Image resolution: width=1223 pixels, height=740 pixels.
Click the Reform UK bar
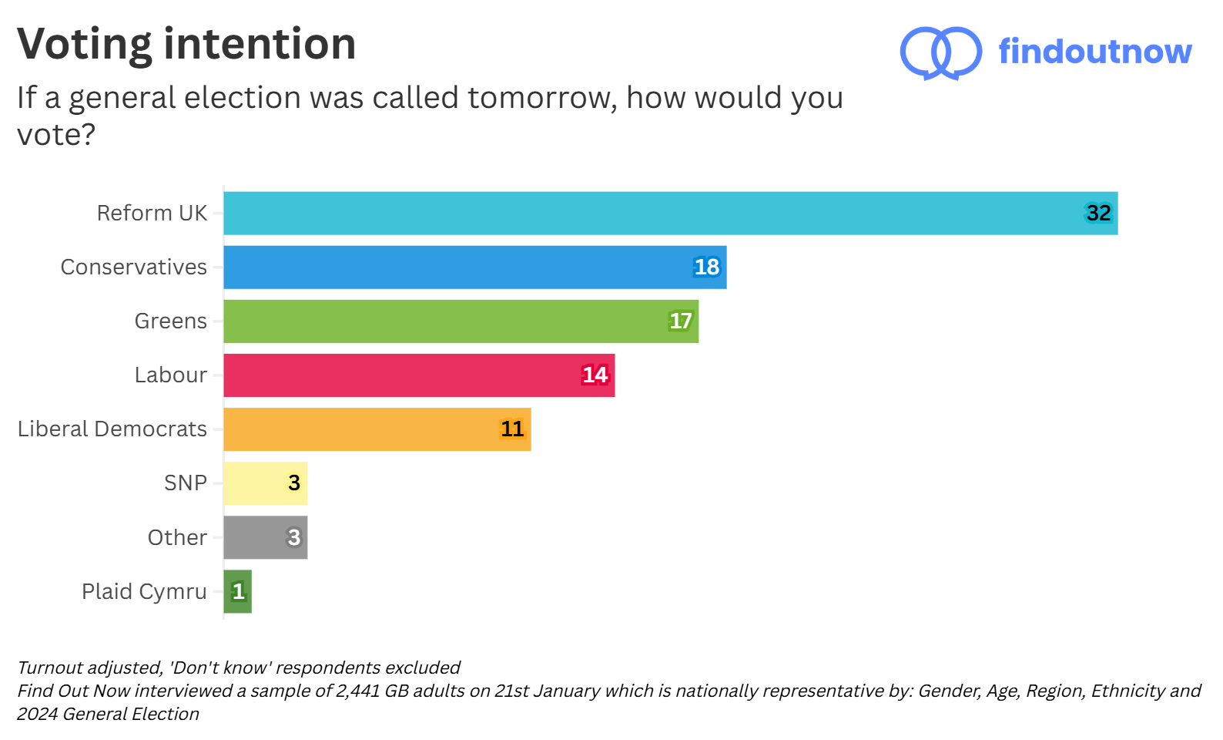670,214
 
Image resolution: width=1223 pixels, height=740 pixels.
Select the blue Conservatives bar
474,267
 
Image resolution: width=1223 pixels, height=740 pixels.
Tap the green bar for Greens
461,321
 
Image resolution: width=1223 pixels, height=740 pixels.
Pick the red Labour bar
419,375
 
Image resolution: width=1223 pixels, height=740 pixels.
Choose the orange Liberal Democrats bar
377,429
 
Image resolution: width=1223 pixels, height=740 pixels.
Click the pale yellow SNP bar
265,483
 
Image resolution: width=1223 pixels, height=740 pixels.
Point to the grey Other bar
265,537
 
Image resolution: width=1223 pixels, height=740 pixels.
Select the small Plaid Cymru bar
237,591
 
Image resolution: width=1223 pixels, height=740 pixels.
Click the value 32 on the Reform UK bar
1098,214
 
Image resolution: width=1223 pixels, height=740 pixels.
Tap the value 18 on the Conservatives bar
706,267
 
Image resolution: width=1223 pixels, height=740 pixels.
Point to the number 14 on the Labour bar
595,375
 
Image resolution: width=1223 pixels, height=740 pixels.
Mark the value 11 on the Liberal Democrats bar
512,429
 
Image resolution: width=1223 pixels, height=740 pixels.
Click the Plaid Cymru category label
144,591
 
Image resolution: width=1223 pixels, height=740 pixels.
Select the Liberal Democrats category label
112,429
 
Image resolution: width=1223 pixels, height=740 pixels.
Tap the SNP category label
186,483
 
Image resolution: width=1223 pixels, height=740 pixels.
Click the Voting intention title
186,44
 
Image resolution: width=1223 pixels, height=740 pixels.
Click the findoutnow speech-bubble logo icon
940,52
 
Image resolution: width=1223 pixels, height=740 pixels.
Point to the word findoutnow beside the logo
1094,52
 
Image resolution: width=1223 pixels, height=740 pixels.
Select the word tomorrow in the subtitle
541,98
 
